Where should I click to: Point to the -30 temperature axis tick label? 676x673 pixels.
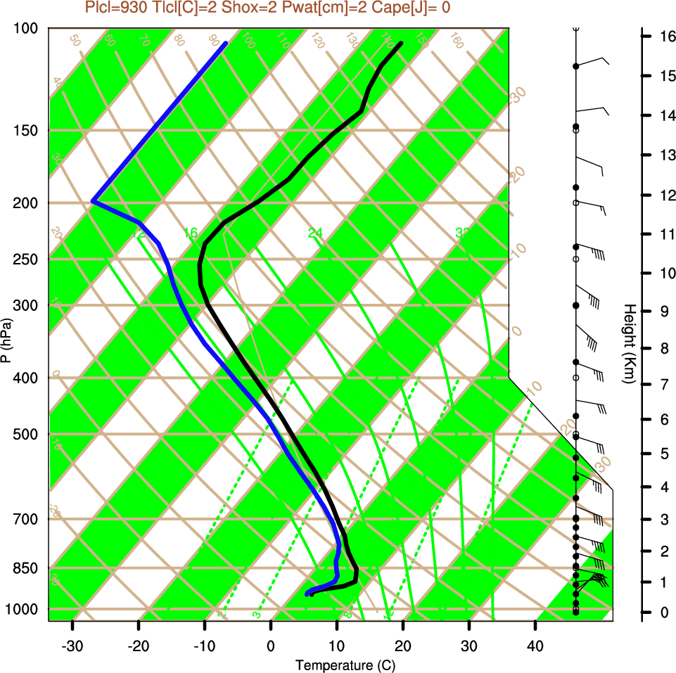[72, 646]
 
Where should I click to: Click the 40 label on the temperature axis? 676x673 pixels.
[535, 646]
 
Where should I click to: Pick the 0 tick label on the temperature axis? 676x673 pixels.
[271, 646]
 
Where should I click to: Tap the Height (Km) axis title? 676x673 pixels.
[630, 344]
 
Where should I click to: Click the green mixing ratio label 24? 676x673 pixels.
[315, 233]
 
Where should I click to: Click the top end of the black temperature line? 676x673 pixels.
[401, 44]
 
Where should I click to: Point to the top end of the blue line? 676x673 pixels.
[225, 44]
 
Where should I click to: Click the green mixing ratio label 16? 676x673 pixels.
[190, 233]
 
